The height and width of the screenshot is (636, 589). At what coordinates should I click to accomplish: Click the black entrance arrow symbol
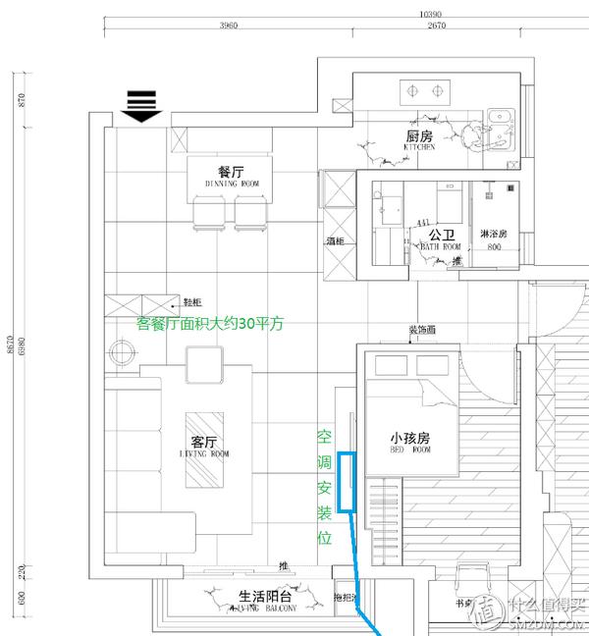pos(143,105)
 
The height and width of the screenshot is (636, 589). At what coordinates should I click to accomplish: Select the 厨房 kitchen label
pos(419,136)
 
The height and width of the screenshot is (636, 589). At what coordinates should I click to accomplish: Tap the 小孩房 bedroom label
pos(410,438)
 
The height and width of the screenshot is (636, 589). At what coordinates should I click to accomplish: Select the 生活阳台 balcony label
pos(265,596)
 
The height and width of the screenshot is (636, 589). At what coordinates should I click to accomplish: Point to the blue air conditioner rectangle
pos(346,481)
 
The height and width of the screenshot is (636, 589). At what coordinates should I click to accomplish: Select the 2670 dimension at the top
pos(436,26)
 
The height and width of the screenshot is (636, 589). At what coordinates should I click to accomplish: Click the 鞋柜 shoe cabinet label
pos(192,302)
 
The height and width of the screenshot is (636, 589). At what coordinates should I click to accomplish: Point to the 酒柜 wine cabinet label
pos(336,239)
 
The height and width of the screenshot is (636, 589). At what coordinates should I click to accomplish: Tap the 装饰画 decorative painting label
pos(422,331)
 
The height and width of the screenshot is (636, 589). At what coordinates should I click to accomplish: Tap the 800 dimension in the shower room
pos(494,248)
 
